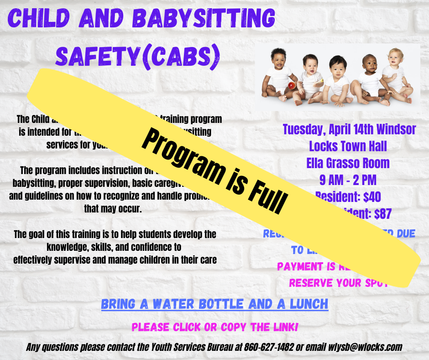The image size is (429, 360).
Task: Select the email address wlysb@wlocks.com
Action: point(365,347)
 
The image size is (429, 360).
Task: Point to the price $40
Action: point(370,196)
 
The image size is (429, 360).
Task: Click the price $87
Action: point(380,213)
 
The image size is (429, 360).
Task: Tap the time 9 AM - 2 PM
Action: point(348,180)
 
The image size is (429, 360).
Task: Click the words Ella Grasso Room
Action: point(348,163)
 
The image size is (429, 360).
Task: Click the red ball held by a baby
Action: point(290,85)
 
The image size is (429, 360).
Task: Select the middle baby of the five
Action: point(338,78)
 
